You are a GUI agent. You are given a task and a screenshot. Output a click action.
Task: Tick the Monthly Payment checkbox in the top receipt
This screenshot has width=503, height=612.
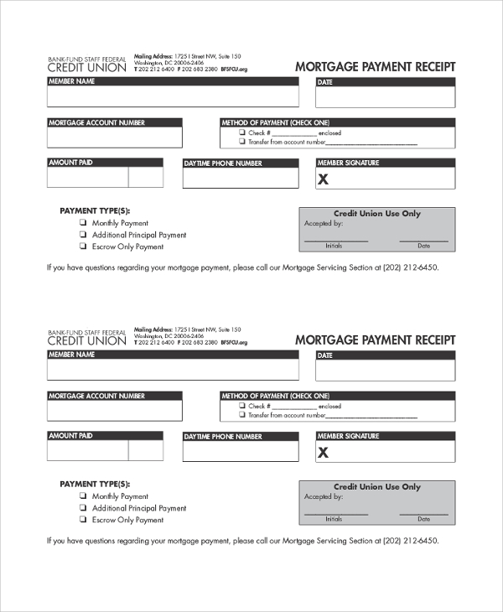(83, 223)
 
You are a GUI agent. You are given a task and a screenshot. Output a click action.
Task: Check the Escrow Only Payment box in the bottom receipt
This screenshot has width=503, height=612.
(83, 520)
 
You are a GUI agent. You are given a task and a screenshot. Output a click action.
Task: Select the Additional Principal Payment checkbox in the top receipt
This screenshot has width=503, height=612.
(83, 235)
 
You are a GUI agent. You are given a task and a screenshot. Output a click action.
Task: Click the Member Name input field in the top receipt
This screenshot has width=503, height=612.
(172, 97)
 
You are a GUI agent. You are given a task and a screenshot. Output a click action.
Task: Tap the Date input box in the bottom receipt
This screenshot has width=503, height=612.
(385, 371)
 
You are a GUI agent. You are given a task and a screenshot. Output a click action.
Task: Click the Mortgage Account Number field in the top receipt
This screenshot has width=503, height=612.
(114, 137)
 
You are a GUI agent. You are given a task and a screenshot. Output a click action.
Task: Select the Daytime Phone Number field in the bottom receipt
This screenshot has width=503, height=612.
(241, 450)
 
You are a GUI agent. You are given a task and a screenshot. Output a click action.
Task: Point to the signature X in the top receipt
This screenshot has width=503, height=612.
(324, 179)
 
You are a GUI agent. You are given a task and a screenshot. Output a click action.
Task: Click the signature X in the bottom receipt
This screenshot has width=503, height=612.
(324, 453)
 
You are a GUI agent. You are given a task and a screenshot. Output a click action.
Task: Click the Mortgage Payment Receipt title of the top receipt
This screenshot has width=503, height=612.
(375, 67)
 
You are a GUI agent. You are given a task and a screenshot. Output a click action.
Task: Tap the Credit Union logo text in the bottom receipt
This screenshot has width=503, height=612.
(86, 340)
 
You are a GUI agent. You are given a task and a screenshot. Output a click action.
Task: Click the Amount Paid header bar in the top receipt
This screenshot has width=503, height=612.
(105, 163)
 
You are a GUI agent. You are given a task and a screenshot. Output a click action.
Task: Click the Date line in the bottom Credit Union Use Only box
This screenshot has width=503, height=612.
(423, 515)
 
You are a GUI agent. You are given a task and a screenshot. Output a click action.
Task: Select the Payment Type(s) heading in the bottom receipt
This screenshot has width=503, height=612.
(95, 485)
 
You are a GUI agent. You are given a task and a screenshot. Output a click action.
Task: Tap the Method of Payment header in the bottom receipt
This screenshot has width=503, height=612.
(337, 396)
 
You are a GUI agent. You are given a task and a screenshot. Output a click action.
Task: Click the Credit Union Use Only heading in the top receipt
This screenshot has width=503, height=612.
(377, 214)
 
